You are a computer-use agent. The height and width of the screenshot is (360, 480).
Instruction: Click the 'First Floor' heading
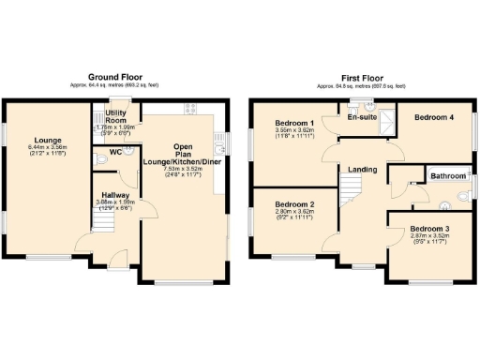360,76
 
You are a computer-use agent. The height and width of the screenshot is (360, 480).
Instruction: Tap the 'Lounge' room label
42,141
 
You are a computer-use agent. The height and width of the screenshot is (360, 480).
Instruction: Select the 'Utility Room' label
115,116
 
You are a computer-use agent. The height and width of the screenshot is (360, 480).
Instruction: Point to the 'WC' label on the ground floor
113,151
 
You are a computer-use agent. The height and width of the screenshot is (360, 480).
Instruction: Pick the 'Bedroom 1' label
293,124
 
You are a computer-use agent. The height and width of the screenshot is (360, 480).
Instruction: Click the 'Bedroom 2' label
293,204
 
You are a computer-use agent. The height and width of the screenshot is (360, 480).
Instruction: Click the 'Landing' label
363,170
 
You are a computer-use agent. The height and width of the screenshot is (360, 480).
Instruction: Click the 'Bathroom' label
448,175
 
